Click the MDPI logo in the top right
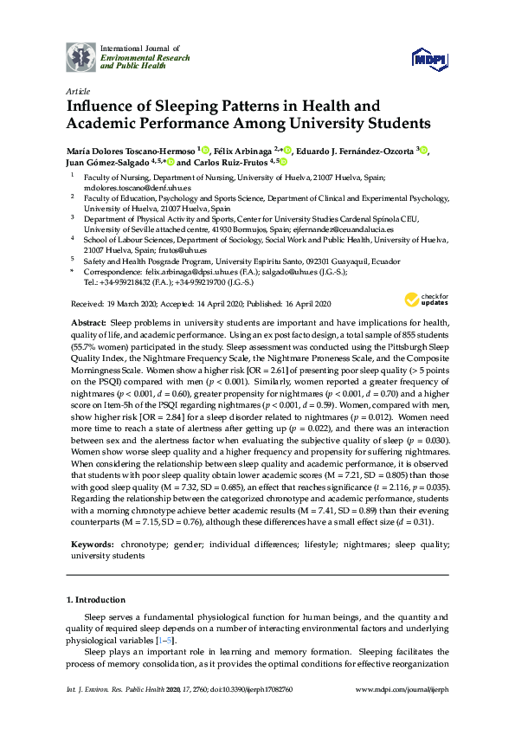coord(430,58)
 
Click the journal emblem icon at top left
coord(81,57)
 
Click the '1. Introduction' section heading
coord(97,599)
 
